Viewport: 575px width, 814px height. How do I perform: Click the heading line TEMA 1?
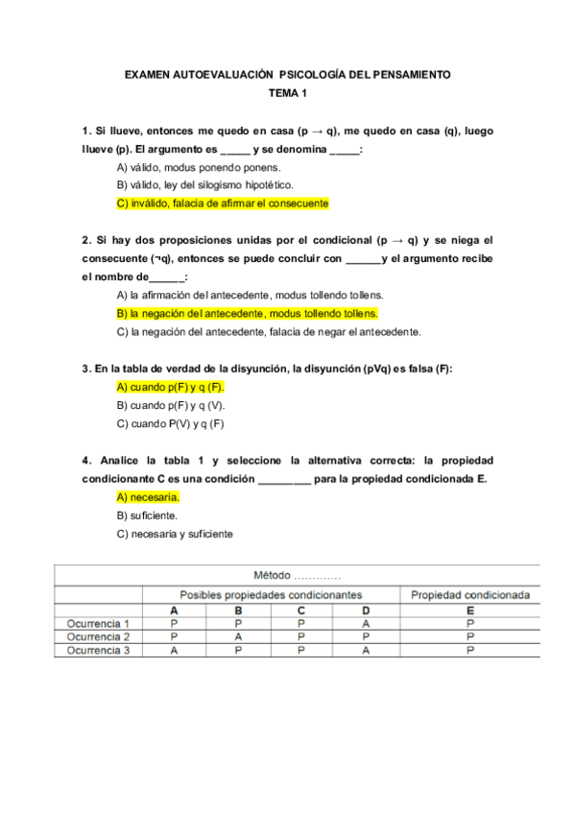(287, 93)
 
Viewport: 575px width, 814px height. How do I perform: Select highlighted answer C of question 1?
(222, 203)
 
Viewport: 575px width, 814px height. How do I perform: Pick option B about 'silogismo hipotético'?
(204, 185)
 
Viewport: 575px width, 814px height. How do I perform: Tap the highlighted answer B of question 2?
(247, 314)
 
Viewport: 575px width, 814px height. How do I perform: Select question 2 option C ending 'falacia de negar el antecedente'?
(268, 332)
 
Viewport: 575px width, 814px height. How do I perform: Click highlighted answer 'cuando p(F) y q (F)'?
(169, 387)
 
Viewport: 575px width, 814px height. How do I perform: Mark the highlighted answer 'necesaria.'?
(148, 497)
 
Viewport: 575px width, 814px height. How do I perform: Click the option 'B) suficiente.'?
(147, 515)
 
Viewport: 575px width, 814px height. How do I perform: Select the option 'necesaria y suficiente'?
(174, 534)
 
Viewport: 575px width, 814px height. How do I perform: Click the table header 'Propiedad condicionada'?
(470, 595)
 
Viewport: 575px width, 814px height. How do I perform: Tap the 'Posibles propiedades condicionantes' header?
(271, 595)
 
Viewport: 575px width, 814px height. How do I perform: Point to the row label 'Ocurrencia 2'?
(99, 636)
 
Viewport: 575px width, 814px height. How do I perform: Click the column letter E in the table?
(470, 610)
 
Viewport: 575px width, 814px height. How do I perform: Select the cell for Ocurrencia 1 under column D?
(367, 623)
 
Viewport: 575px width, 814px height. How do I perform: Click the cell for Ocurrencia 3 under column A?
(174, 650)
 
